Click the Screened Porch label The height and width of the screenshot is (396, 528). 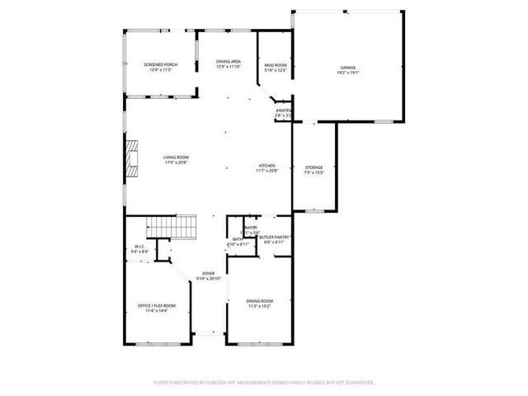(160, 64)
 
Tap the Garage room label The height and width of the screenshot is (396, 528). (348, 68)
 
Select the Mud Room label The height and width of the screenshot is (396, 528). (275, 64)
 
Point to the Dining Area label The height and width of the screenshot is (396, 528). (229, 62)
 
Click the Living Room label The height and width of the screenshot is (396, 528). (175, 157)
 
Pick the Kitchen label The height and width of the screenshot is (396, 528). (267, 166)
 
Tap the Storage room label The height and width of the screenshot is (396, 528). (313, 167)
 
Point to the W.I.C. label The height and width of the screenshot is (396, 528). (140, 247)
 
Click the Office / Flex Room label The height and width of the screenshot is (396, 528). (157, 305)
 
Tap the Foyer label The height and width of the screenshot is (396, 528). (209, 274)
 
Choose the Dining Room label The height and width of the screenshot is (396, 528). (259, 300)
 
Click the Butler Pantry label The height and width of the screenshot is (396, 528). (276, 237)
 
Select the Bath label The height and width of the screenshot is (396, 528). (236, 239)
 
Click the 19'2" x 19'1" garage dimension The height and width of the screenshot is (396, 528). (348, 73)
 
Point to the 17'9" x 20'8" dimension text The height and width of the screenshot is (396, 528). (175, 162)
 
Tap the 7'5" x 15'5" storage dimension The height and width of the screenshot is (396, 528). (313, 172)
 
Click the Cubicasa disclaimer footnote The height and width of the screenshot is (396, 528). (264, 382)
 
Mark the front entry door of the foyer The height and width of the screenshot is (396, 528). (210, 335)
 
